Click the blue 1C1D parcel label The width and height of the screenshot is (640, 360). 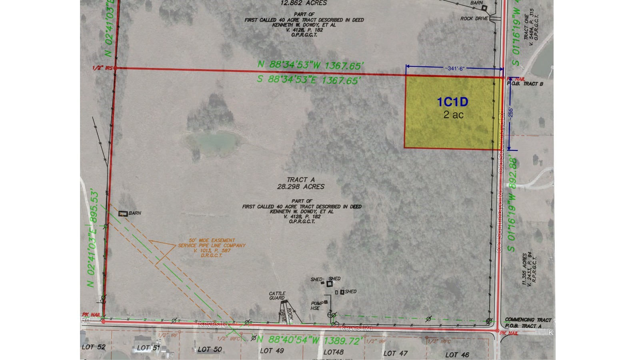452,102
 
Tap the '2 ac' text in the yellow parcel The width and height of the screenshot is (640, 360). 453,114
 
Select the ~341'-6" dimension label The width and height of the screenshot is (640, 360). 454,68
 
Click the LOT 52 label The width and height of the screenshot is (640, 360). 94,347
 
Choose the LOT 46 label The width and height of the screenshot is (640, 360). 457,354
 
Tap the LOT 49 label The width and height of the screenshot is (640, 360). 272,351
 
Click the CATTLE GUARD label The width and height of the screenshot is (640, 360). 277,296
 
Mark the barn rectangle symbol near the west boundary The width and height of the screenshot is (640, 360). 123,214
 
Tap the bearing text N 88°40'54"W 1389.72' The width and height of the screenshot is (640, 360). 310,340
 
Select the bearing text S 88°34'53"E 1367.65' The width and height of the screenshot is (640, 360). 310,80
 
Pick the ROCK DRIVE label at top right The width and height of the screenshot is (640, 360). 474,18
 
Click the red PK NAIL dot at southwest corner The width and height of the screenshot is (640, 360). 103,321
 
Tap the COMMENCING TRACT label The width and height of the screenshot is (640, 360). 528,320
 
